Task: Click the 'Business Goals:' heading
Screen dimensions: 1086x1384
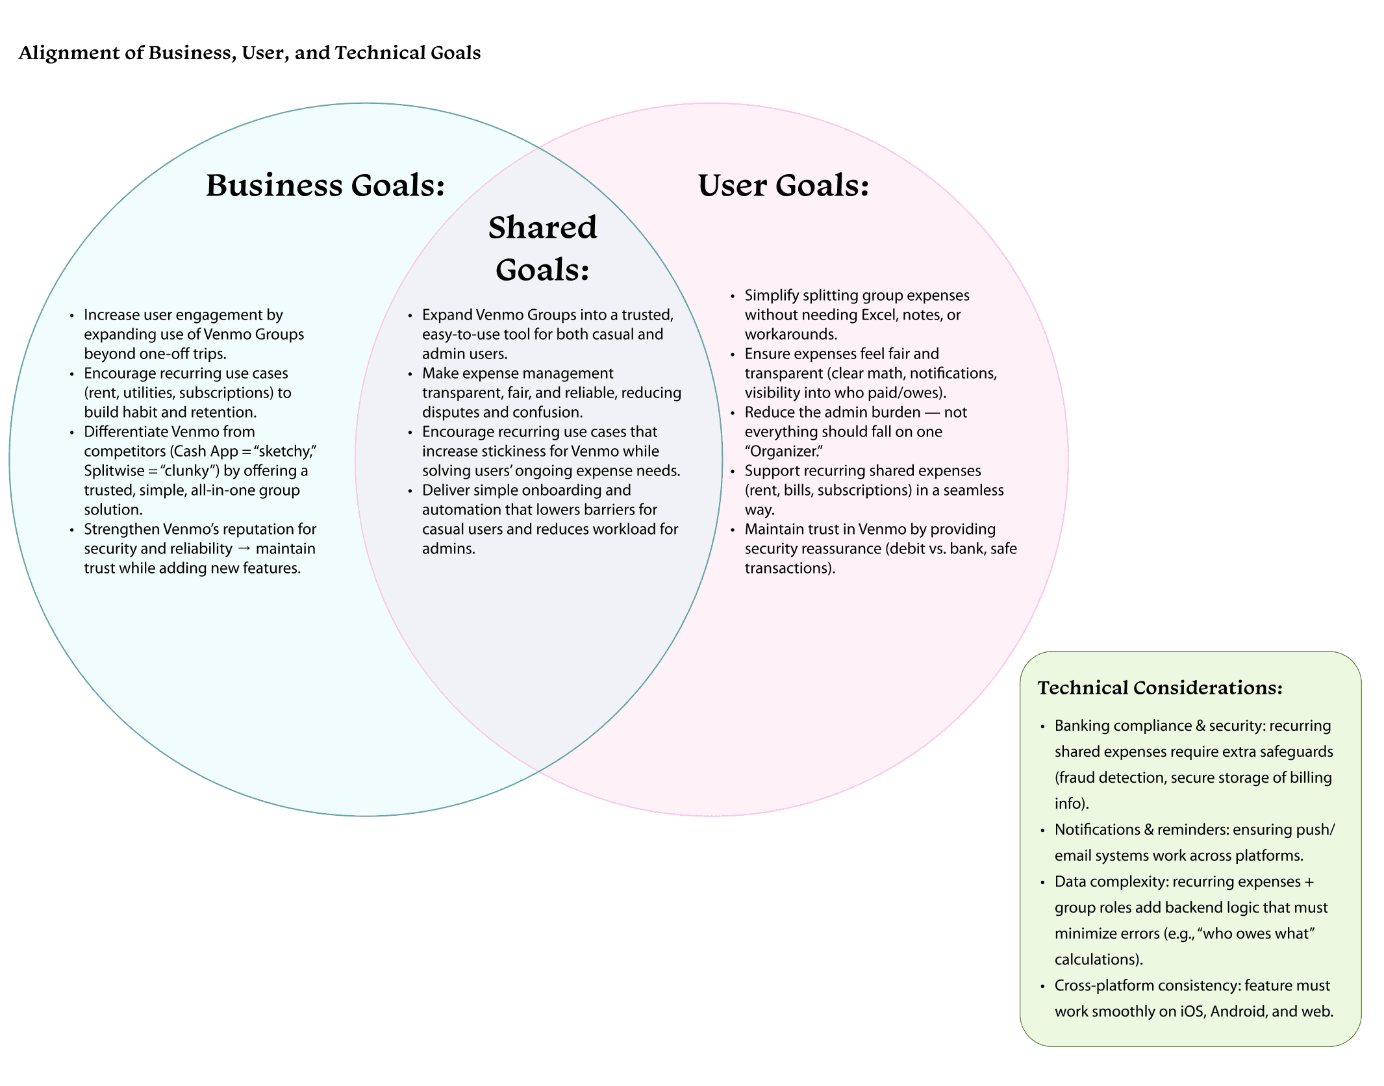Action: click(325, 186)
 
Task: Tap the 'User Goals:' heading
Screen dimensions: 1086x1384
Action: click(783, 186)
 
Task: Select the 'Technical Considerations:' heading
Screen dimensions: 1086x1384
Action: click(1160, 688)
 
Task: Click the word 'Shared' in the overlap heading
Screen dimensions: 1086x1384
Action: click(542, 228)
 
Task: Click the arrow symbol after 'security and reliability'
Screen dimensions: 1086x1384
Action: click(244, 549)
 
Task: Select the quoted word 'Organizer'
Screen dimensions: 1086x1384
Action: click(784, 451)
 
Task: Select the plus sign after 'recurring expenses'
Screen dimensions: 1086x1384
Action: click(1309, 881)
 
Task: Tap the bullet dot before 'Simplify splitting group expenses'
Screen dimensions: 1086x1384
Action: click(733, 296)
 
